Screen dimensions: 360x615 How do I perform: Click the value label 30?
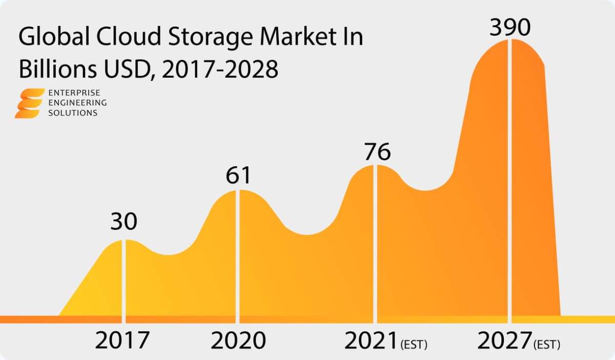124,222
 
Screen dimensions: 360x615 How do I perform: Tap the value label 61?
238,175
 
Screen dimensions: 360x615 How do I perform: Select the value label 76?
377,152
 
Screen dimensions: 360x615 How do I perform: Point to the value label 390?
510,28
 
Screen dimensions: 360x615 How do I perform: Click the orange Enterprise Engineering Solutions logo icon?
30,103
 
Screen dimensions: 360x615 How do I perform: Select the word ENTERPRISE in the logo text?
74,93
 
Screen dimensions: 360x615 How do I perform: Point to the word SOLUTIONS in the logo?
72,113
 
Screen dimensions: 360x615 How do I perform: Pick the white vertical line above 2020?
237,256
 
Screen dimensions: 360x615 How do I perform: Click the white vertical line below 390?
509,179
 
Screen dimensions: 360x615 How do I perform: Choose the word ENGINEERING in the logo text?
77,103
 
